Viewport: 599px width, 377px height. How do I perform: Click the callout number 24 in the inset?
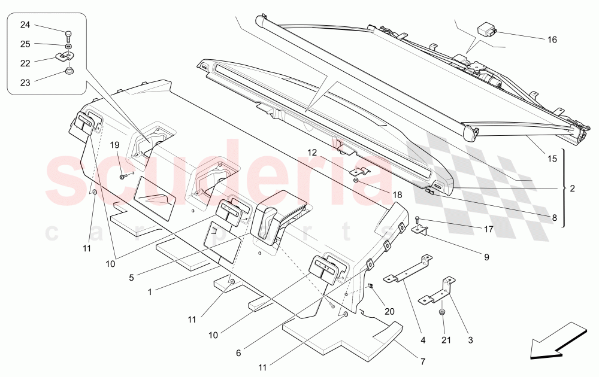[x=25, y=25]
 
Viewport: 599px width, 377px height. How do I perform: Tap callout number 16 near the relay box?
[x=552, y=39]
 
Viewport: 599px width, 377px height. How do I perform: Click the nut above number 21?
[x=441, y=313]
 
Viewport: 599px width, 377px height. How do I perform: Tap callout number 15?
[x=552, y=159]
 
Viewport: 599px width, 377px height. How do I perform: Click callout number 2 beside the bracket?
[x=572, y=188]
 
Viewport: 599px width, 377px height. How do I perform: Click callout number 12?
[x=312, y=152]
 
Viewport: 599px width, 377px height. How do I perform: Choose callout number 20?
[x=390, y=311]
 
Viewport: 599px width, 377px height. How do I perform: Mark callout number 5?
[x=132, y=277]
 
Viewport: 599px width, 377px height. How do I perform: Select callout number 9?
[x=486, y=257]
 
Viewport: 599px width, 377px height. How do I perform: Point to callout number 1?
[x=152, y=291]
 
